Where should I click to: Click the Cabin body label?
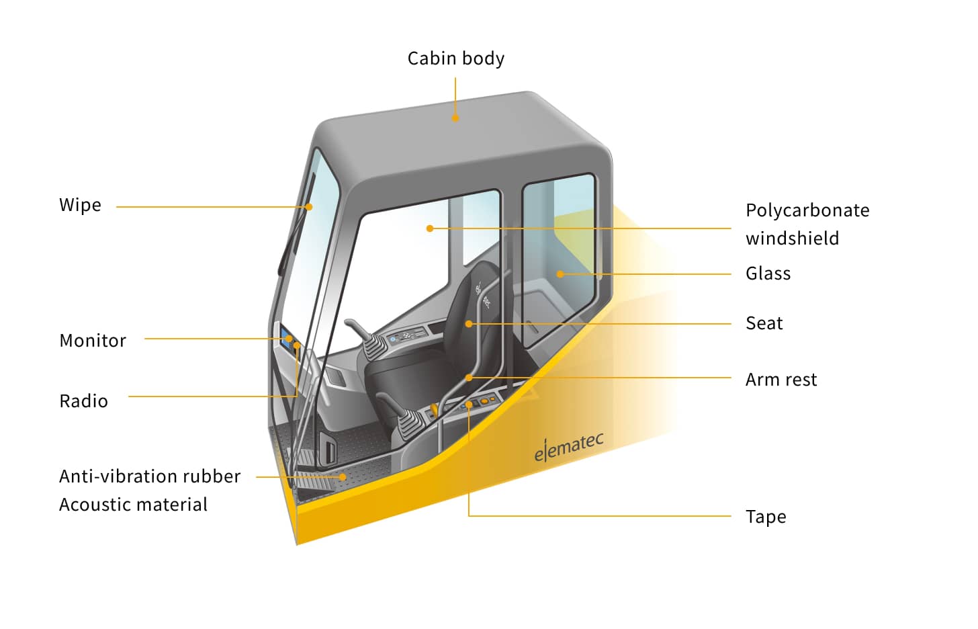tap(455, 59)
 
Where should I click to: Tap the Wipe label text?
tap(80, 205)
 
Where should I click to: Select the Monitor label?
tap(93, 341)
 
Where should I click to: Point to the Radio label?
tap(83, 401)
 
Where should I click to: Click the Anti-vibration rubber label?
tap(150, 476)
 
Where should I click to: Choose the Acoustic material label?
tap(133, 505)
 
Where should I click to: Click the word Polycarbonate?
tap(807, 210)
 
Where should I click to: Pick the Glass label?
tap(768, 274)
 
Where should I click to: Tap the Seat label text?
tap(764, 323)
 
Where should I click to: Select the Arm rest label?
tap(781, 380)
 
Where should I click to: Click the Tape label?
tap(765, 517)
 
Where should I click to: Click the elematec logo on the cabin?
tap(568, 447)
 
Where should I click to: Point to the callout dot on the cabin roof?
tap(455, 118)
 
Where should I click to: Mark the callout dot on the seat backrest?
tap(469, 324)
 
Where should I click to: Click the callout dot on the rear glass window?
tap(560, 274)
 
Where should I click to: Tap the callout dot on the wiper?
tap(309, 207)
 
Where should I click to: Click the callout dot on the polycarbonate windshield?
tap(430, 228)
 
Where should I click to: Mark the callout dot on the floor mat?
tap(343, 477)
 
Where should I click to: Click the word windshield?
tap(792, 239)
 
